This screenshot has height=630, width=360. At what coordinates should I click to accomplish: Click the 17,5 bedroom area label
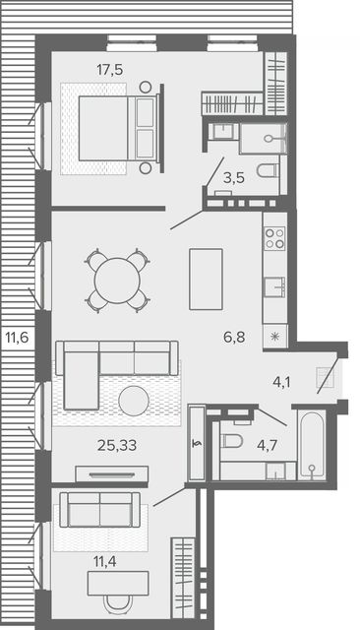[x=109, y=70]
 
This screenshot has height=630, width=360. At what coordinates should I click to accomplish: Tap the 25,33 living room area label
[x=117, y=445]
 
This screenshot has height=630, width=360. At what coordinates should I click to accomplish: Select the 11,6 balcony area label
[x=18, y=337]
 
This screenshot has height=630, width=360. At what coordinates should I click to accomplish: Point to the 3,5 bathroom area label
[x=234, y=177]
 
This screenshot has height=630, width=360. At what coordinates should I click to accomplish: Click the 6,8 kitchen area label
[x=234, y=337]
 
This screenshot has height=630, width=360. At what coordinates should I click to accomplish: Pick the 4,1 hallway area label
[x=281, y=382]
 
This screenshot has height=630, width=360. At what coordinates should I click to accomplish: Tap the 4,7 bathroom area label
[x=268, y=445]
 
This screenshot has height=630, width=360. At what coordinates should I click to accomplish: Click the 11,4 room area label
[x=104, y=561]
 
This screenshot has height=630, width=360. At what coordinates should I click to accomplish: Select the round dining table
[x=117, y=281]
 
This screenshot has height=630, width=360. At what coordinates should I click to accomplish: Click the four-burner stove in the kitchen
[x=274, y=238]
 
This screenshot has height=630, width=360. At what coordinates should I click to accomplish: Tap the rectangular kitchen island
[x=206, y=279]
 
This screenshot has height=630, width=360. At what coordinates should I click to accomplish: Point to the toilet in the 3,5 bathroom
[x=268, y=170]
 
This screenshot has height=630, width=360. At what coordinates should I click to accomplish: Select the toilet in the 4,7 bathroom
[x=232, y=441]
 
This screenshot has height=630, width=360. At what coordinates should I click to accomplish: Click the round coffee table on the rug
[x=134, y=401]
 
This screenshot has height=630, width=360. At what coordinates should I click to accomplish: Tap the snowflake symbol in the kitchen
[x=274, y=337]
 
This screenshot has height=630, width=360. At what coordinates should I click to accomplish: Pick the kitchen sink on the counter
[x=274, y=286]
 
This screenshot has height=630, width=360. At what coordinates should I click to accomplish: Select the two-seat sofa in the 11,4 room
[x=100, y=510]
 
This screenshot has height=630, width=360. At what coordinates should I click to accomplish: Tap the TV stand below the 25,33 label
[x=112, y=474]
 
